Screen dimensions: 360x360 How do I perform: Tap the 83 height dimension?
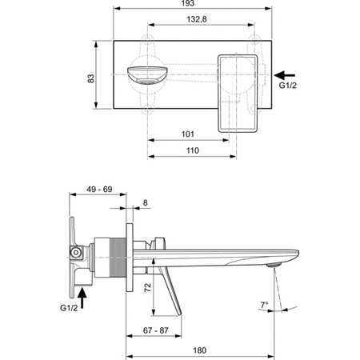90,79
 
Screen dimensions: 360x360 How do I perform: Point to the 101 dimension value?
188,134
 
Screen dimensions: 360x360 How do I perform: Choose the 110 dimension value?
192,150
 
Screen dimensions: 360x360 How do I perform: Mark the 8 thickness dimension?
144,203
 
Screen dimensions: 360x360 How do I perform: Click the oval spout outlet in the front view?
146,76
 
